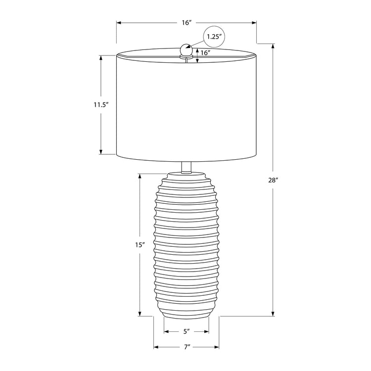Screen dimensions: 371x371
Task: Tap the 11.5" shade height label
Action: point(100,104)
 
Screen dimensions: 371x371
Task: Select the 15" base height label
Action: point(140,244)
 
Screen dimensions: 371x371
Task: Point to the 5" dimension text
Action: point(186,331)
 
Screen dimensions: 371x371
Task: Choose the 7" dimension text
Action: point(186,347)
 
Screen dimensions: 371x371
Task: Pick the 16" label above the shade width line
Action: point(186,23)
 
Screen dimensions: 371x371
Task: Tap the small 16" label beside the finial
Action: point(206,52)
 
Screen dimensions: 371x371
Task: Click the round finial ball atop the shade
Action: point(186,49)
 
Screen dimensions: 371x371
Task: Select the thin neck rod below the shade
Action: point(186,167)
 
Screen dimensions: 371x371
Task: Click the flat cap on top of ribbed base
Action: point(186,176)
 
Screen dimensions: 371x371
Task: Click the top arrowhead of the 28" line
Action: point(274,46)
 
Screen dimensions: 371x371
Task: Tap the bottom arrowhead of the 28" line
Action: point(274,313)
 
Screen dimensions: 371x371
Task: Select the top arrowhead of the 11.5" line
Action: point(101,57)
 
